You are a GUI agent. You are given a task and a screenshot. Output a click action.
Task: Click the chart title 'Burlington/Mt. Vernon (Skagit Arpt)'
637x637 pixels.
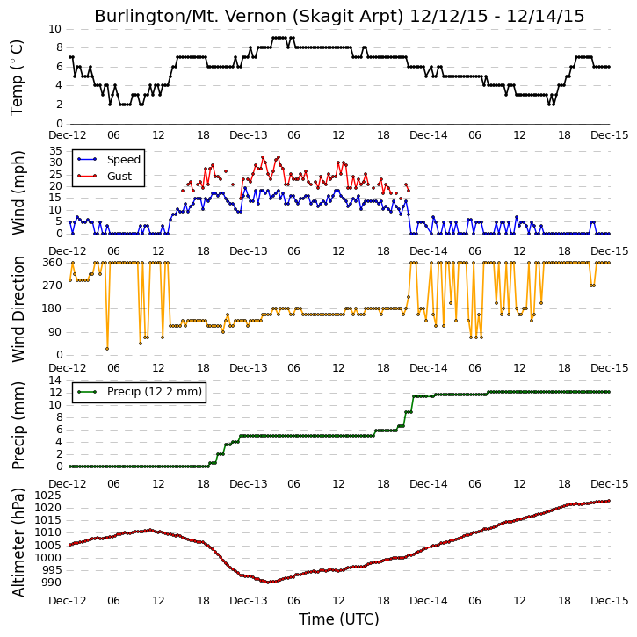pyautogui.click(x=249, y=17)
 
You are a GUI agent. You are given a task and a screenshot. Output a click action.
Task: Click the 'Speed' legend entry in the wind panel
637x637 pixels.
pyautogui.click(x=124, y=160)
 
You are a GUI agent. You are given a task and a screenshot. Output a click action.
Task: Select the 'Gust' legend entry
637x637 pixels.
pyautogui.click(x=119, y=176)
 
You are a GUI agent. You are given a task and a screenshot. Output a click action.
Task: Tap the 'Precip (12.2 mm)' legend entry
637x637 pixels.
pyautogui.click(x=155, y=392)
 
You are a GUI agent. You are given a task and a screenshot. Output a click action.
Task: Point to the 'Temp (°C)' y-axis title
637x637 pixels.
pyautogui.click(x=17, y=77)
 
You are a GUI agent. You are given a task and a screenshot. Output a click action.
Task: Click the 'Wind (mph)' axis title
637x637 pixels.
pyautogui.click(x=18, y=192)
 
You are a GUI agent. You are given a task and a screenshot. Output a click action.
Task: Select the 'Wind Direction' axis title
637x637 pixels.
pyautogui.click(x=18, y=309)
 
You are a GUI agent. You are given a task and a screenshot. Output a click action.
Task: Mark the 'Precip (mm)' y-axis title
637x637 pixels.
pyautogui.click(x=18, y=426)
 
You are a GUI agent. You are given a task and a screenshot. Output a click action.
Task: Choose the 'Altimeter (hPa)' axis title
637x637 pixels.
pyautogui.click(x=18, y=542)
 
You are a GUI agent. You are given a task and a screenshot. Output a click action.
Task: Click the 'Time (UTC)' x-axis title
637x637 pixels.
pyautogui.click(x=339, y=619)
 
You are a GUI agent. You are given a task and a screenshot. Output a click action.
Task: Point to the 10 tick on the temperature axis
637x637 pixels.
pyautogui.click(x=54, y=29)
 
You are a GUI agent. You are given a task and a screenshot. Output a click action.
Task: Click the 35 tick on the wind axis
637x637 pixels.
pyautogui.click(x=55, y=151)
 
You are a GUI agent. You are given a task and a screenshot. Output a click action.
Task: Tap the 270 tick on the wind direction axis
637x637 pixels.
pyautogui.click(x=53, y=286)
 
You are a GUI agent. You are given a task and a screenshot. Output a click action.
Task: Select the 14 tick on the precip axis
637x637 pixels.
pyautogui.click(x=55, y=380)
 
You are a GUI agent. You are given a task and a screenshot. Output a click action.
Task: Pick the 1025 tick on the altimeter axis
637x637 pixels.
pyautogui.click(x=48, y=496)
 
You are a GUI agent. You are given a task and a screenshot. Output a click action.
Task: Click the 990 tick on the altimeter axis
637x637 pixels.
pyautogui.click(x=52, y=583)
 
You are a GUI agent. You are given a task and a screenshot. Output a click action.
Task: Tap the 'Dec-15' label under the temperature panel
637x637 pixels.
pyautogui.click(x=610, y=135)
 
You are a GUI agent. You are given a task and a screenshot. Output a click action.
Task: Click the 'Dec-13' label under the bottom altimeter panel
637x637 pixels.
pyautogui.click(x=249, y=600)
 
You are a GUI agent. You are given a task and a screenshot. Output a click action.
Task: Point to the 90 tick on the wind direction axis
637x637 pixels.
pyautogui.click(x=55, y=332)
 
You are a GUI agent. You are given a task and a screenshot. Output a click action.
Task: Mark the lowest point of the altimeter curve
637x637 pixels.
pyautogui.click(x=268, y=583)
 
